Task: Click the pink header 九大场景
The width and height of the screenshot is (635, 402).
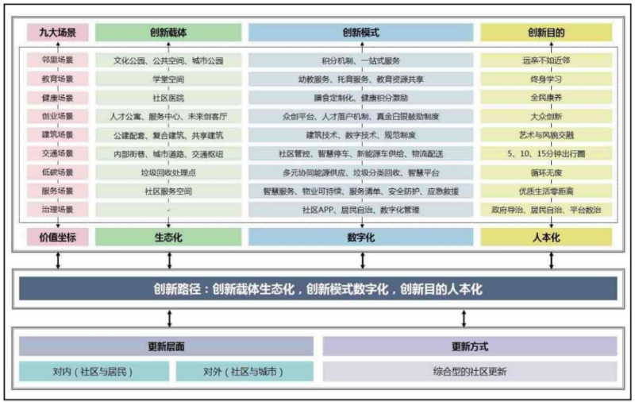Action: tap(58, 33)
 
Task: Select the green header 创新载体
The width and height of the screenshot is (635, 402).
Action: tap(168, 33)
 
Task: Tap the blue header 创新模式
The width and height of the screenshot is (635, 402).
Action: tap(361, 33)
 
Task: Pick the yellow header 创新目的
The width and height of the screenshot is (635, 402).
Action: tap(546, 33)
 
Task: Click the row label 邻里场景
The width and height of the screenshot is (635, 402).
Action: tap(58, 60)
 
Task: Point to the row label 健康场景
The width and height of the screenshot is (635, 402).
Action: tap(58, 98)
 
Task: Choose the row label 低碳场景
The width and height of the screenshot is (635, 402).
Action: tap(58, 172)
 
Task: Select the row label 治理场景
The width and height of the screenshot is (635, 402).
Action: tap(58, 210)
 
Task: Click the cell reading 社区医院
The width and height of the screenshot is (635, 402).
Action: tap(168, 98)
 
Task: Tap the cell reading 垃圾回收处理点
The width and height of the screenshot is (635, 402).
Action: tap(168, 172)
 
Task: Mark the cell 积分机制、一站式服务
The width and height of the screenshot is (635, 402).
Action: tap(361, 60)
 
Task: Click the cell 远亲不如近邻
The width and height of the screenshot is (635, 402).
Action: tap(546, 60)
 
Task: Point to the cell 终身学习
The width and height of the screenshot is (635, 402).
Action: tap(546, 79)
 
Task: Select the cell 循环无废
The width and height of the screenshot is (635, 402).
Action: tap(546, 172)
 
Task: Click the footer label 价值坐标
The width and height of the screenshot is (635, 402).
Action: tap(58, 237)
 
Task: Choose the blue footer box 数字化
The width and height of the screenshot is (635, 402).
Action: tap(361, 237)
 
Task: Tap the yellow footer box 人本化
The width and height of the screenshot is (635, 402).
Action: tap(546, 237)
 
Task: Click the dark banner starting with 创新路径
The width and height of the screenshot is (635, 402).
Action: tap(317, 289)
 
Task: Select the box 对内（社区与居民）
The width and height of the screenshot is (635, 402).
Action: tap(94, 371)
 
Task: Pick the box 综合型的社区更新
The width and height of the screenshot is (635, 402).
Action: tap(469, 371)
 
